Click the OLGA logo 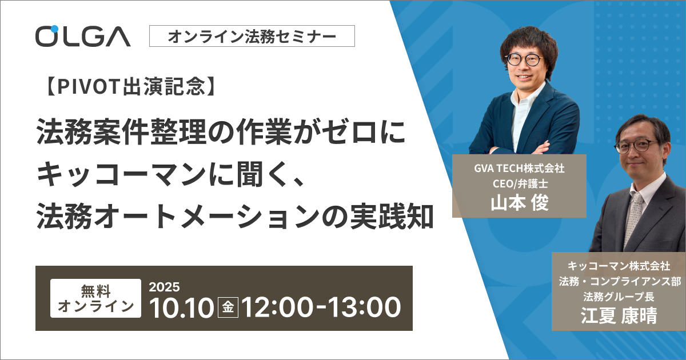tap(83, 36)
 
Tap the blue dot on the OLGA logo tap(54, 29)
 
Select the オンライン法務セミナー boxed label tap(252, 36)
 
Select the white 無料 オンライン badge tap(95, 298)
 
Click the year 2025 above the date tap(164, 287)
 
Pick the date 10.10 tap(181, 307)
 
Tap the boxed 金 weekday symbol tap(228, 307)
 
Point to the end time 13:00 tap(365, 307)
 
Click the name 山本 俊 tap(520, 203)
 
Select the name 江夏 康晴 tap(619, 315)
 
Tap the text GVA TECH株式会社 tap(520, 169)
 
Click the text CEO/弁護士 tap(520, 183)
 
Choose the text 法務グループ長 tap(619, 297)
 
